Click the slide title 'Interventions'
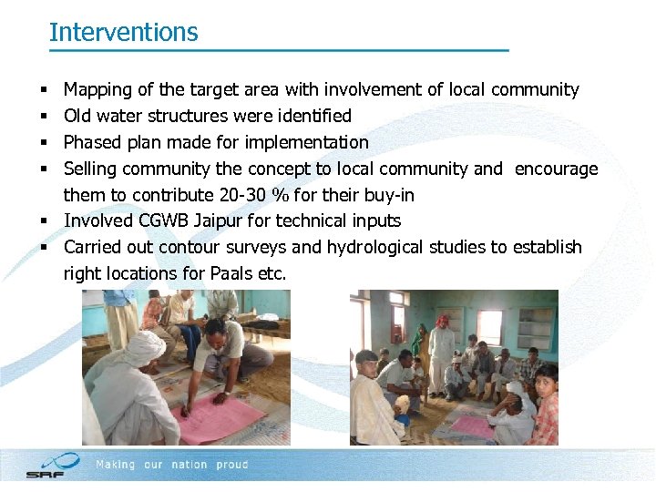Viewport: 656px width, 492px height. (x=123, y=32)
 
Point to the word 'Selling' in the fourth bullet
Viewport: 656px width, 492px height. (x=89, y=169)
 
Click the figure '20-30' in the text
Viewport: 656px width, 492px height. (x=241, y=195)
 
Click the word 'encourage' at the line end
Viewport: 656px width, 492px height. (x=556, y=169)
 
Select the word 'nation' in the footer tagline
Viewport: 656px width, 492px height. (x=189, y=465)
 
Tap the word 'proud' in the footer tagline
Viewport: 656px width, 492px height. (x=232, y=465)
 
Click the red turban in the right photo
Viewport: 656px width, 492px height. (x=442, y=321)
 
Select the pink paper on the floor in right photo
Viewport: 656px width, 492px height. (x=473, y=426)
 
